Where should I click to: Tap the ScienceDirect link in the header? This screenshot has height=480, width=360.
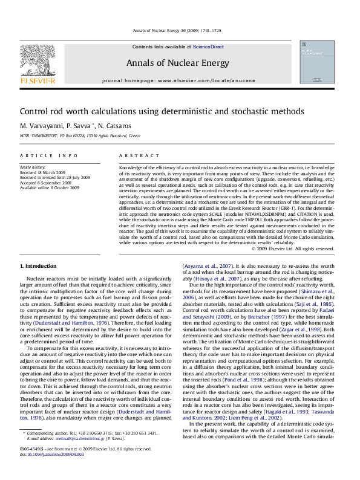coord(208,47)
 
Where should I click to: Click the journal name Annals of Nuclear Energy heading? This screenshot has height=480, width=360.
coord(177,63)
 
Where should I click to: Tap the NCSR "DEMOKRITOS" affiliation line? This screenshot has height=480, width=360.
coord(80,136)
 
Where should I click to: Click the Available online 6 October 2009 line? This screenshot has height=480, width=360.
coord(50,188)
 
